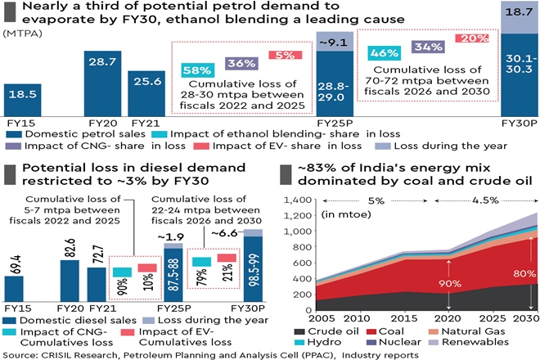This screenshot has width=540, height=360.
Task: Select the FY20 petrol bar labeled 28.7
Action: point(101,82)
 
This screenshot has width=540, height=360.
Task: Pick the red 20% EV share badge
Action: point(474,38)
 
